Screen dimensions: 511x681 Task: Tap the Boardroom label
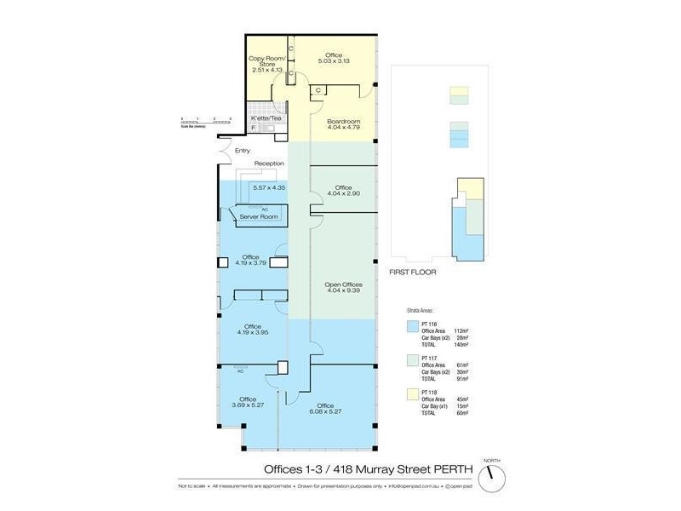coord(344,122)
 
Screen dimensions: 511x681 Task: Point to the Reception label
coord(268,164)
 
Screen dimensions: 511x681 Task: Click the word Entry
coord(243,151)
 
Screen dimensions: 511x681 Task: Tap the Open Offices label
coord(344,284)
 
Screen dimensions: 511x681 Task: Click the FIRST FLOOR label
coord(412,273)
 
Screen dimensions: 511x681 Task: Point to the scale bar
coord(205,122)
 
